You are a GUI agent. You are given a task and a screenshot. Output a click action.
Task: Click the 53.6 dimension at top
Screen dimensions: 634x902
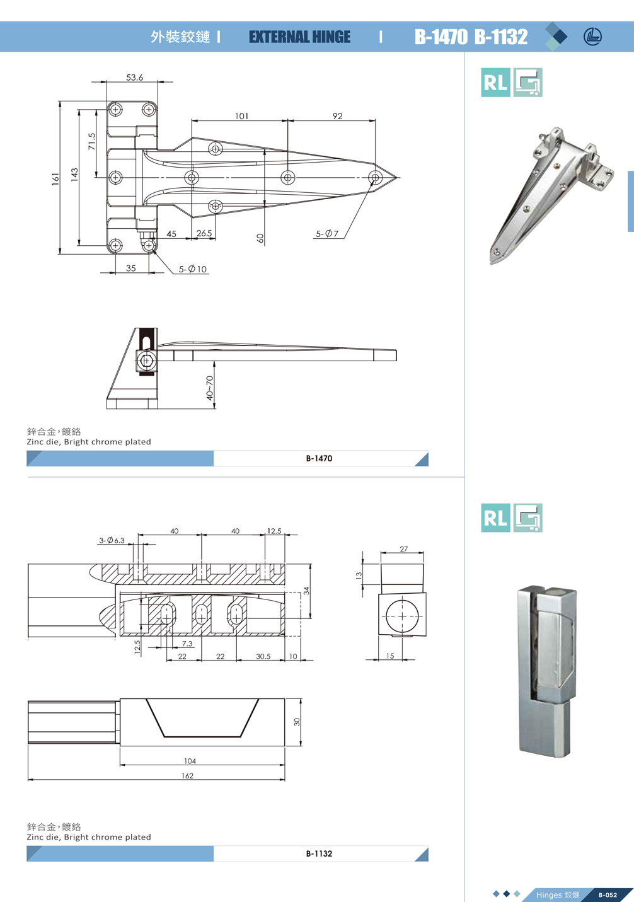(x=134, y=78)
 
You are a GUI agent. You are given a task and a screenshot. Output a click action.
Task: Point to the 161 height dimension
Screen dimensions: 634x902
(x=55, y=179)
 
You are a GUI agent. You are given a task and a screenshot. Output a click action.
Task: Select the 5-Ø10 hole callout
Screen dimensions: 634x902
(x=193, y=269)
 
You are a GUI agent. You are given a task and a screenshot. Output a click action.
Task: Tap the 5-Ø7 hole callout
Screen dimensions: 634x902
(x=327, y=234)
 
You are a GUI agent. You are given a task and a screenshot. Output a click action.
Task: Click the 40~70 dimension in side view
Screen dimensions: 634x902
(x=209, y=388)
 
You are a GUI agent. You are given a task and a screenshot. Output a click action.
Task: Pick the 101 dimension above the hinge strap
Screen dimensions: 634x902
(x=242, y=116)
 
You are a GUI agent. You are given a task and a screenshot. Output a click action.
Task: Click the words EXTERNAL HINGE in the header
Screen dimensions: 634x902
(x=299, y=37)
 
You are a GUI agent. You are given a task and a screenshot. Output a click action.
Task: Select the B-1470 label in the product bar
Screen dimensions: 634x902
(x=319, y=458)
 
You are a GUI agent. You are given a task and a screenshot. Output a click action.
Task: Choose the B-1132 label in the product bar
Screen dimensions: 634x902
(x=319, y=853)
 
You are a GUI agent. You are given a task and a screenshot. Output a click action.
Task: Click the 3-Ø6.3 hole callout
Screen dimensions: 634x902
(x=112, y=540)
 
